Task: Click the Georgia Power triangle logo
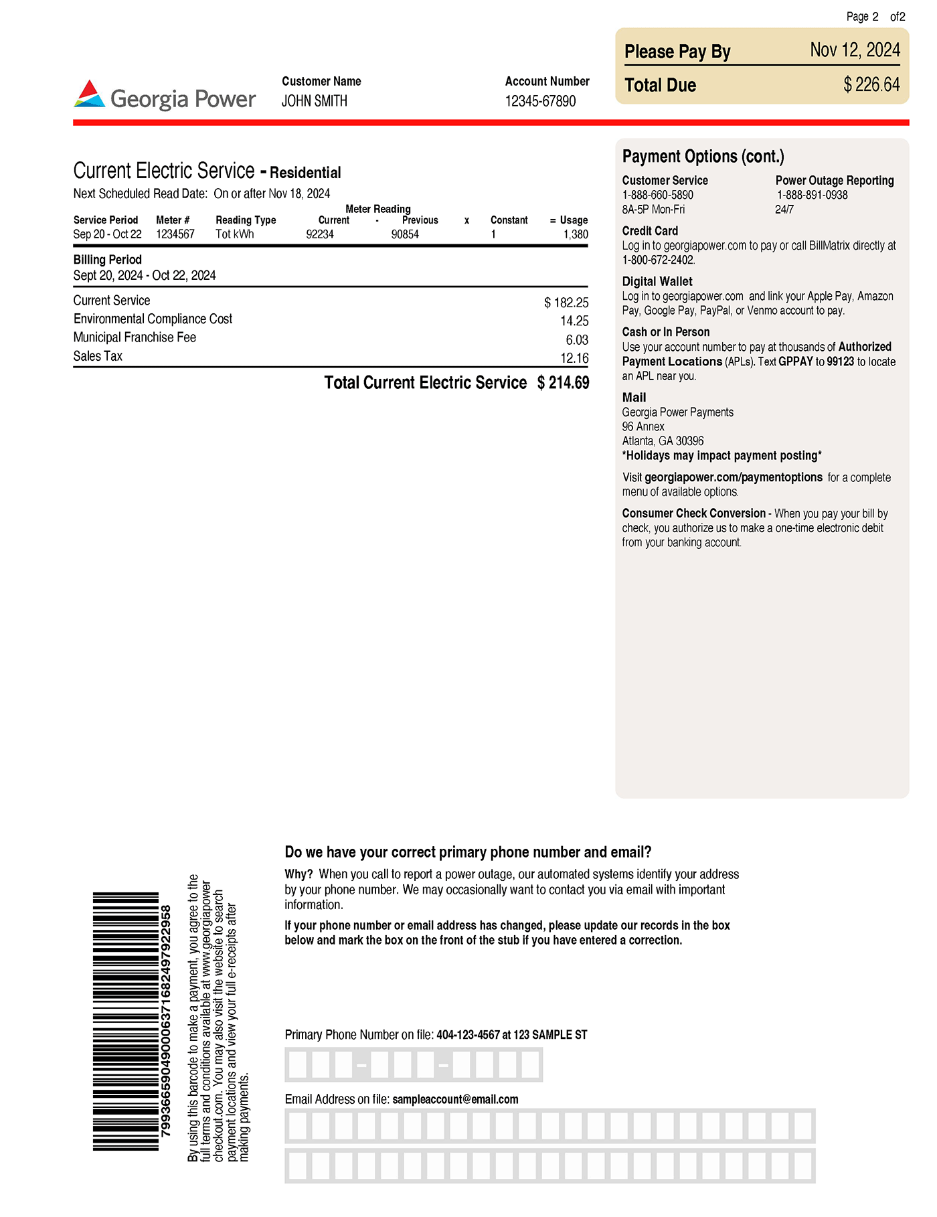pos(90,94)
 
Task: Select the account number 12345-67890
pos(540,101)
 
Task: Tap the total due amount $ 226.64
pos(871,85)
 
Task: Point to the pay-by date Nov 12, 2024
pos(855,50)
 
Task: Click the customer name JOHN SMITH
pos(314,101)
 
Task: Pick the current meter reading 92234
pos(320,234)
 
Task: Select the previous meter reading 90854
pos(405,234)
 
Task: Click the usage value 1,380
pos(575,234)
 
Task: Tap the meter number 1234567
pos(175,234)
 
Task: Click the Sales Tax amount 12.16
pos(574,358)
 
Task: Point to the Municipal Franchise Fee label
pos(135,337)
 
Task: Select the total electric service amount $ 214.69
pos(563,383)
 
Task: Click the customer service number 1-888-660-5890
pos(658,195)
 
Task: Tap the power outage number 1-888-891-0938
pos(813,195)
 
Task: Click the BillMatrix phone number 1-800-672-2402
pos(659,260)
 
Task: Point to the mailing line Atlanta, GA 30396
pos(663,441)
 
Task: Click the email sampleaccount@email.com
pos(455,1099)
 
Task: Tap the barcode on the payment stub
pos(126,1021)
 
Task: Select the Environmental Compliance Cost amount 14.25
pos(574,321)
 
